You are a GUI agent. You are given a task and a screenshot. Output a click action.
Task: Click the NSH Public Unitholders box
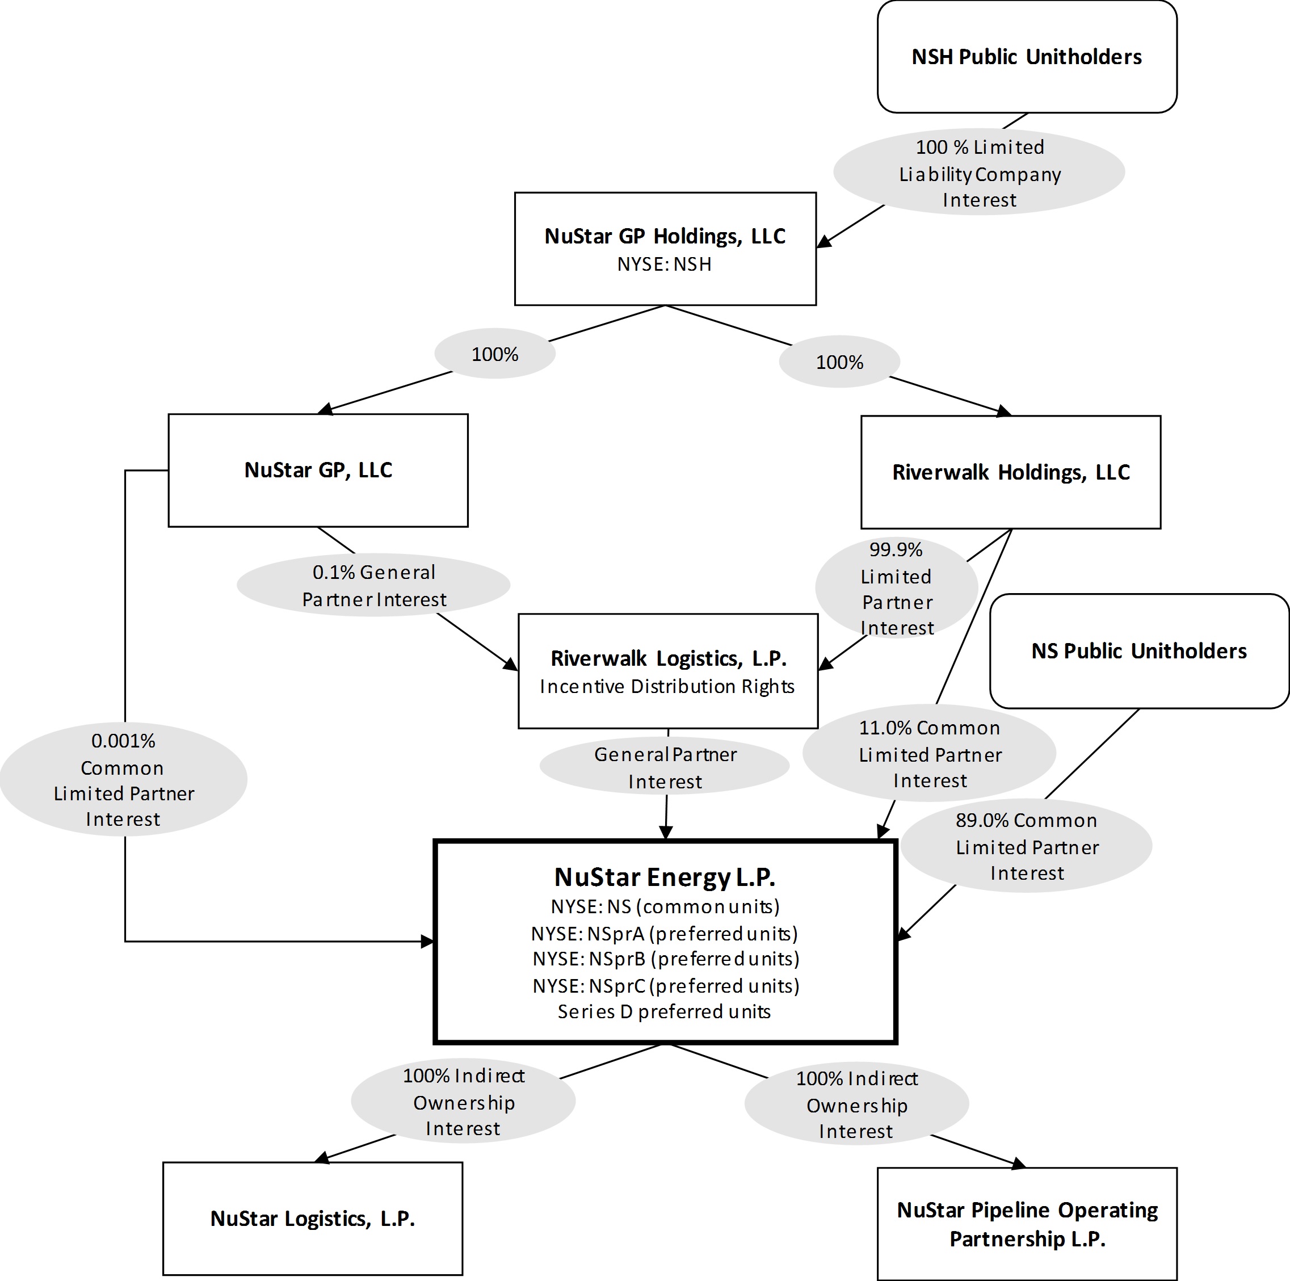(1026, 57)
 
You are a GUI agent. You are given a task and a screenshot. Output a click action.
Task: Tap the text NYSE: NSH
(665, 264)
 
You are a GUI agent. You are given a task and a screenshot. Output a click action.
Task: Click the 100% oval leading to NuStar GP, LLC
(495, 354)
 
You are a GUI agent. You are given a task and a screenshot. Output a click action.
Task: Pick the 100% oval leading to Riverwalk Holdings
(839, 362)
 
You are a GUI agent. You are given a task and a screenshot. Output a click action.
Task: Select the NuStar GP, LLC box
(318, 470)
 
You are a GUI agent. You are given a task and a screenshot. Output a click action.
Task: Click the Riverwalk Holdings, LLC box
(1010, 472)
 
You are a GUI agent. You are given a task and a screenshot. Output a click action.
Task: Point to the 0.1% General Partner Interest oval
(373, 586)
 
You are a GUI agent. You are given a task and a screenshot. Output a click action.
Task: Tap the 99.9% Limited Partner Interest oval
(896, 589)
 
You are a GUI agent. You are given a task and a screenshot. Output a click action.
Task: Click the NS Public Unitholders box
(1138, 650)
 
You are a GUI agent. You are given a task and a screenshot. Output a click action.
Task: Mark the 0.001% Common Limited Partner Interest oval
(124, 779)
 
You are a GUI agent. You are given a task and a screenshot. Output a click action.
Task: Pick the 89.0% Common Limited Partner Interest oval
(1026, 846)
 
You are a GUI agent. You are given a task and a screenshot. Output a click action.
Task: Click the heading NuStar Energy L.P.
(665, 877)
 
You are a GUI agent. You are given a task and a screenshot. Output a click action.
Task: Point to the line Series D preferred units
(665, 1012)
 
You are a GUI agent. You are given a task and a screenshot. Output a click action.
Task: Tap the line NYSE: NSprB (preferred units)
(666, 959)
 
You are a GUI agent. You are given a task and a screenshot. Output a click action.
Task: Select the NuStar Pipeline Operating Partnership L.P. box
(1027, 1224)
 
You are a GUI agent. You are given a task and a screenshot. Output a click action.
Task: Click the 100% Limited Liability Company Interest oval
(979, 173)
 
